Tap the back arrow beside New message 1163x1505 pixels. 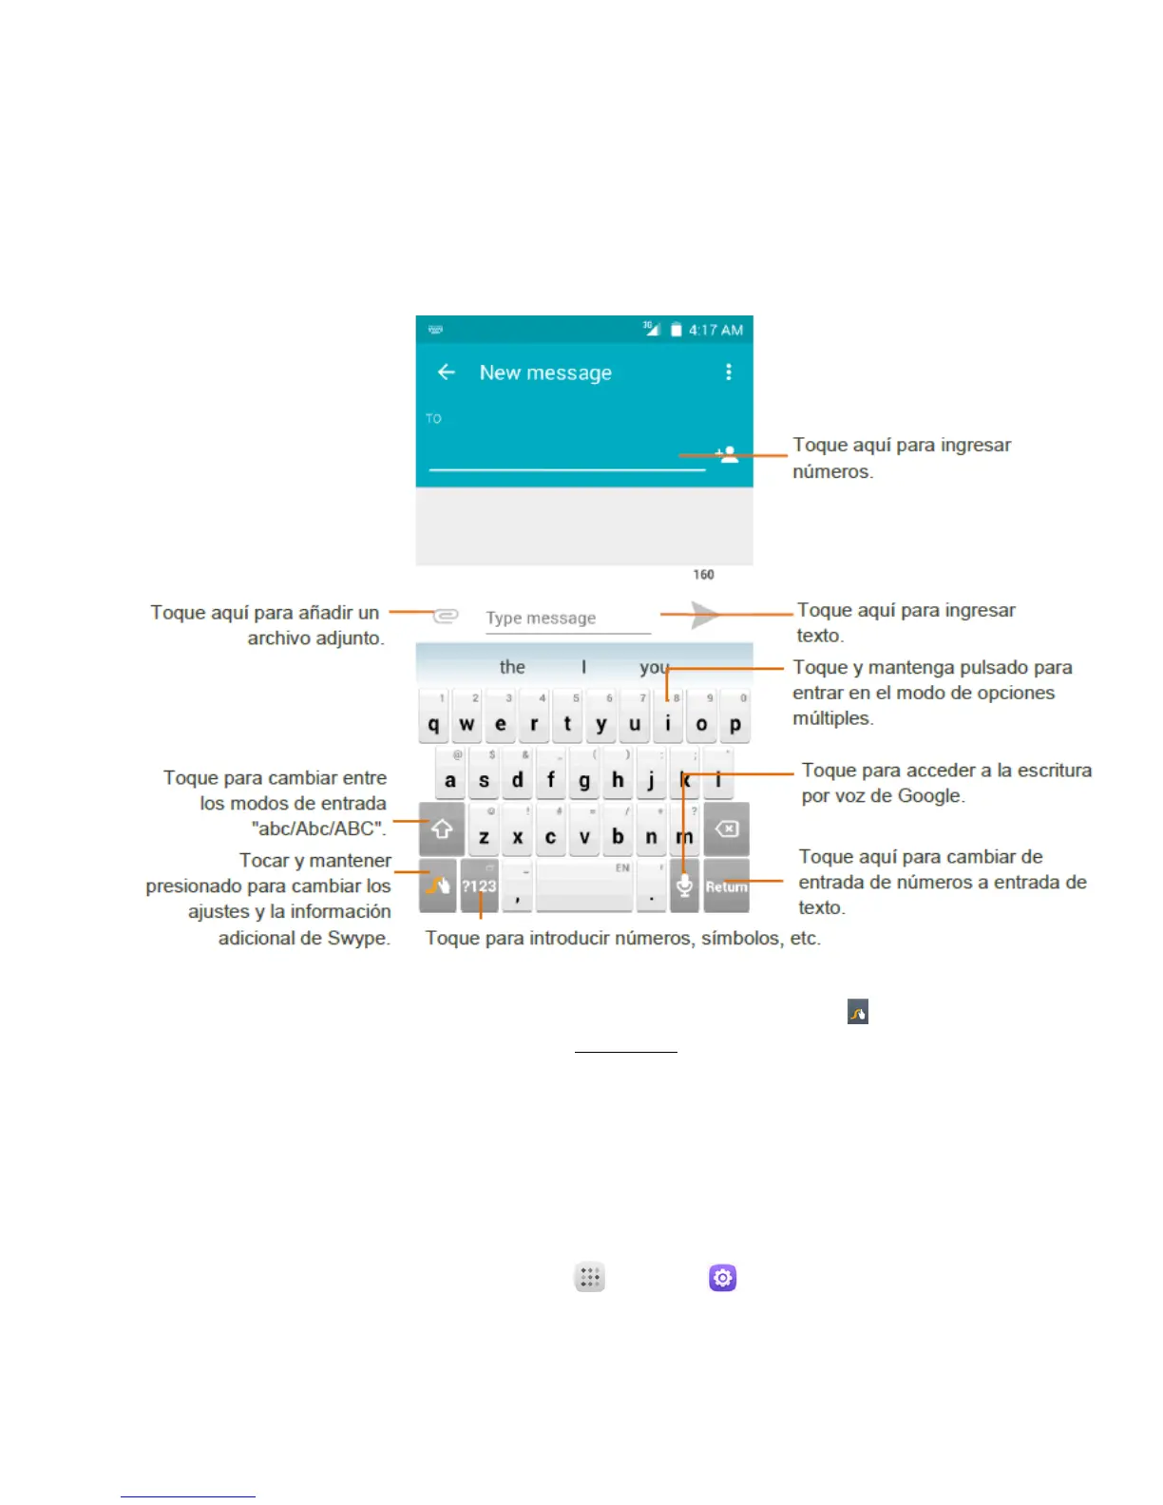[447, 372]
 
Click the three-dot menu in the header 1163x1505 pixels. [729, 372]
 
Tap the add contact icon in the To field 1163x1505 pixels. [728, 454]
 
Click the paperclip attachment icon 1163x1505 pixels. [446, 616]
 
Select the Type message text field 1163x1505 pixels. [567, 619]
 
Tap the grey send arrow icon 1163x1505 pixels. [704, 615]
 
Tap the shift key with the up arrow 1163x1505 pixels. [442, 829]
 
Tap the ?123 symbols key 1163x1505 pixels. [480, 886]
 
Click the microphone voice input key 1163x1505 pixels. [684, 886]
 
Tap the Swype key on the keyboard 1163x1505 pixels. [438, 886]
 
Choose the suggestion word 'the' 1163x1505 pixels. [512, 667]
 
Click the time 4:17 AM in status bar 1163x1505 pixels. [715, 330]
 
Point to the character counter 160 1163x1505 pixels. [703, 575]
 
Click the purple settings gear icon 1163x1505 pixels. [723, 1278]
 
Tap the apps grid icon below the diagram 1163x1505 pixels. [590, 1278]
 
